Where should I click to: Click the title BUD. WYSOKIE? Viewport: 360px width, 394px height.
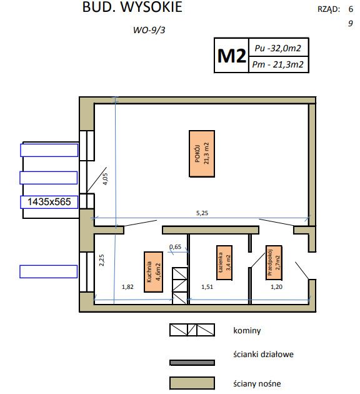[x=132, y=7]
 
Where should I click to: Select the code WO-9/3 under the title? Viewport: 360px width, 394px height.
[x=149, y=30]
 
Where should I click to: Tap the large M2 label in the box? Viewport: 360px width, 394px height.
[x=231, y=56]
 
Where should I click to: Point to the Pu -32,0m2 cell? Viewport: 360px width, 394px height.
[x=278, y=48]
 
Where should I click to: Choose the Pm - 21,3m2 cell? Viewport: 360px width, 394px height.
[x=278, y=64]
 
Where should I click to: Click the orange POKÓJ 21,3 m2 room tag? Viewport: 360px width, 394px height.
[x=202, y=153]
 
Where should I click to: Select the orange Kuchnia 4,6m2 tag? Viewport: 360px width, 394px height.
[x=153, y=272]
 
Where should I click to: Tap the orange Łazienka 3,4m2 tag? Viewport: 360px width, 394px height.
[x=224, y=263]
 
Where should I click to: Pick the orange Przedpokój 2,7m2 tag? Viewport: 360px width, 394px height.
[x=274, y=263]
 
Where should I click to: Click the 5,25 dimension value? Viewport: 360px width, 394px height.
[x=202, y=213]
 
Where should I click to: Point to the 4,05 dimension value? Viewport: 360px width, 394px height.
[x=106, y=179]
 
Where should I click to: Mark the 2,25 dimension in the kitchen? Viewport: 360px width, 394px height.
[x=102, y=260]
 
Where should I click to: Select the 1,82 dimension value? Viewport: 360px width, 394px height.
[x=127, y=286]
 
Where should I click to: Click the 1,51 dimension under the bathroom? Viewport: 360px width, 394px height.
[x=207, y=286]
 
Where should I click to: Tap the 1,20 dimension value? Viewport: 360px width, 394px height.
[x=276, y=286]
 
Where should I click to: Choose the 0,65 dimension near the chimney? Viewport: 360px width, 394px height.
[x=175, y=247]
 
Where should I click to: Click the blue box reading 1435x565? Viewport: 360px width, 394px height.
[x=49, y=202]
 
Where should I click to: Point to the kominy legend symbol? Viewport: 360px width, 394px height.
[x=192, y=330]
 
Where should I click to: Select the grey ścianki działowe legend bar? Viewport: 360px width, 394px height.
[x=192, y=363]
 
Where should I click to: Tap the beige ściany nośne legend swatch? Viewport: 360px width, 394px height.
[x=192, y=383]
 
